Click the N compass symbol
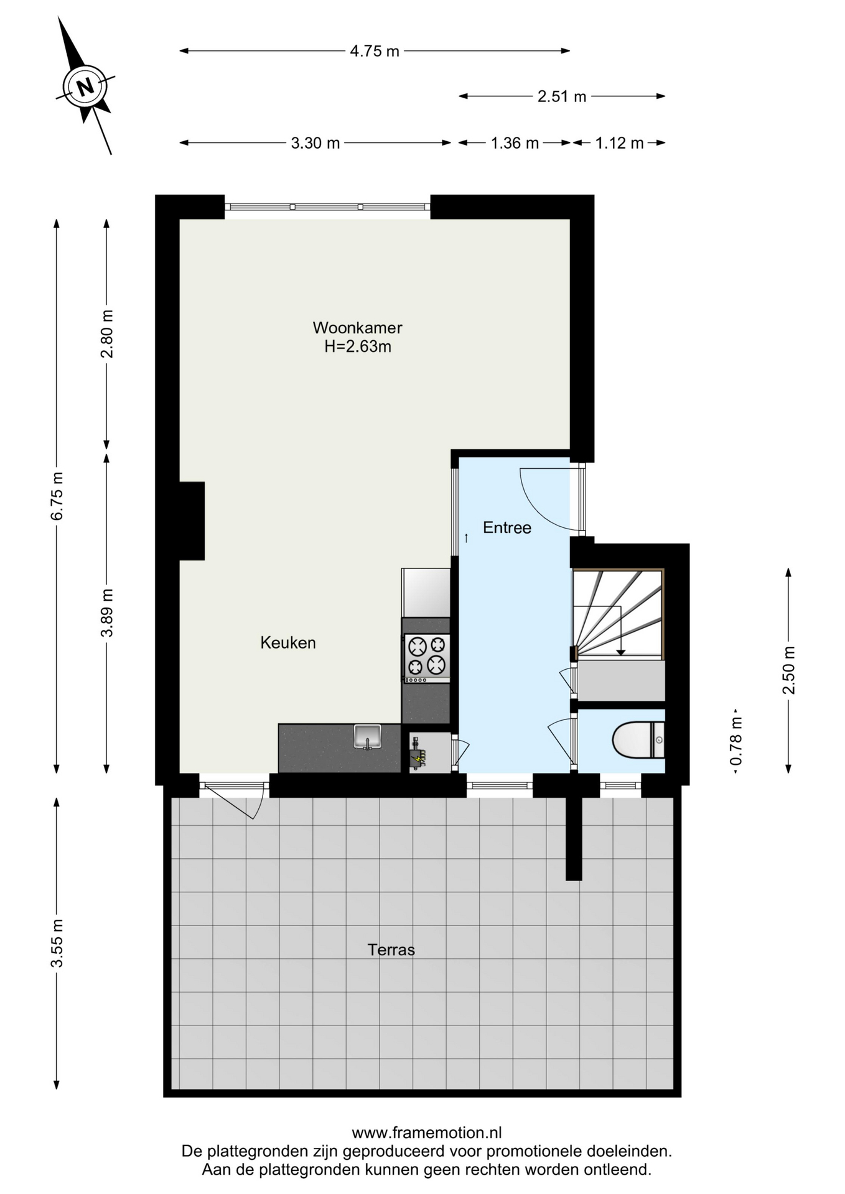[85, 86]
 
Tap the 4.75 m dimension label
[375, 51]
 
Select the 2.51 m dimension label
[562, 96]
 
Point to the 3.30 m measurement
[315, 143]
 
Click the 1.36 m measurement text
[515, 143]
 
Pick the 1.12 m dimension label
[619, 143]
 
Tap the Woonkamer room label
[358, 327]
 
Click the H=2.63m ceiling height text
[358, 346]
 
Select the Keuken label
[288, 642]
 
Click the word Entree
[507, 527]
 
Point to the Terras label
[391, 950]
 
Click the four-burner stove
[427, 656]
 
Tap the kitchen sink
[368, 737]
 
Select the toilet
[638, 739]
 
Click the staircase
[619, 614]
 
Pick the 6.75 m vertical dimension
[57, 496]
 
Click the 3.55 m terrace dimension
[57, 943]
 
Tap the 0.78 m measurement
[736, 741]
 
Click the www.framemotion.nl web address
[427, 1132]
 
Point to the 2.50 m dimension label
[788, 670]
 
